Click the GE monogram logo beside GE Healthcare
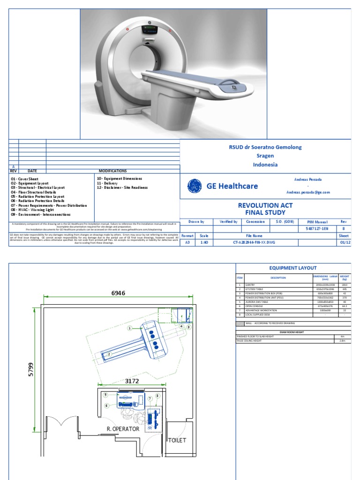coord(195,186)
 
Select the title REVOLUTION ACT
coord(265,205)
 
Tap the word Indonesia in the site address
coord(265,165)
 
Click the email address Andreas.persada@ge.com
coord(308,192)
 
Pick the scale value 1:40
coord(204,243)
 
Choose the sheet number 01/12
coord(344,243)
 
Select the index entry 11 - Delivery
coord(107,183)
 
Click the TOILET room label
coord(177,440)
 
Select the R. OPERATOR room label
coord(123,429)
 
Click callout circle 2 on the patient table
coord(109,355)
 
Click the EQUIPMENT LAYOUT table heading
coord(293,268)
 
